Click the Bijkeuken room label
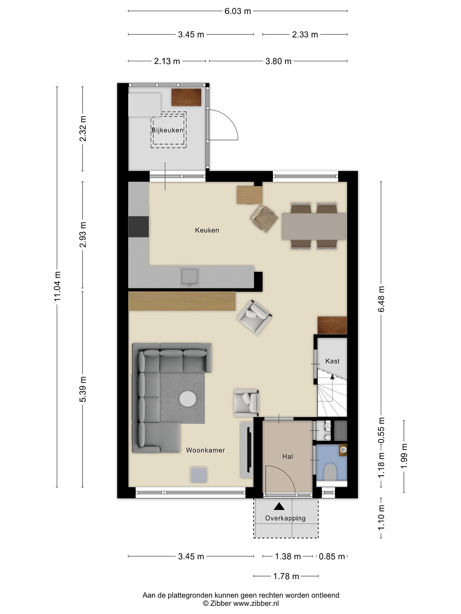coord(167,130)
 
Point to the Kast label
coord(332,361)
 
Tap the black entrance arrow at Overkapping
coord(279,507)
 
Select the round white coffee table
coord(188,399)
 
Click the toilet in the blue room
coord(330,472)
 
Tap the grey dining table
coord(314,226)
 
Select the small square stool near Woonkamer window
coord(199,474)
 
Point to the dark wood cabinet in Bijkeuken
coord(186,97)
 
